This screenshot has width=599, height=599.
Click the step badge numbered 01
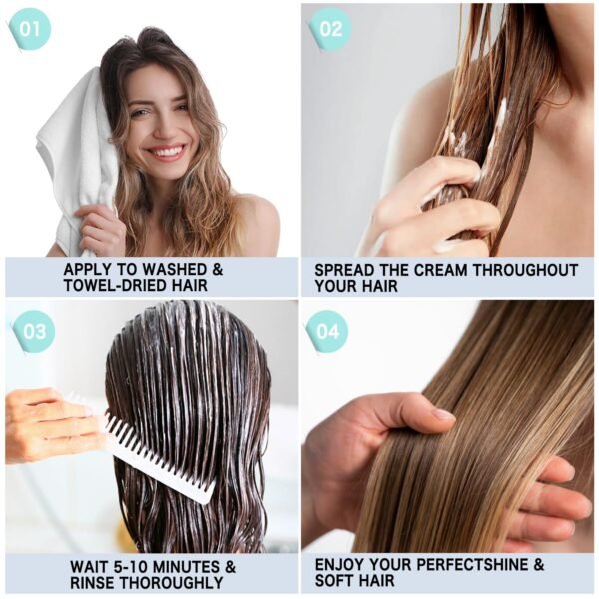click(29, 29)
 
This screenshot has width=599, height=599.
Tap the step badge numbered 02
click(330, 29)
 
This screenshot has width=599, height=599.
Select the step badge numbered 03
click(34, 332)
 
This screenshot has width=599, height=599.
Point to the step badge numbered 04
click(327, 332)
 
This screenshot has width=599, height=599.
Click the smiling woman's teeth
click(167, 152)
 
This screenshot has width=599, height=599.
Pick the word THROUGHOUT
click(525, 270)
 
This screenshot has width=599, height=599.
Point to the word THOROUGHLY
click(171, 583)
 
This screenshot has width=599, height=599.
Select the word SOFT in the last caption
click(334, 581)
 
